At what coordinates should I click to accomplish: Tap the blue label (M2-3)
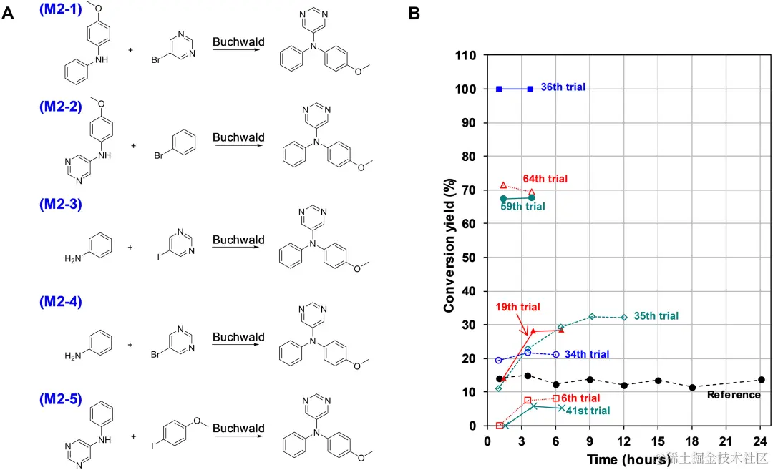[62, 204]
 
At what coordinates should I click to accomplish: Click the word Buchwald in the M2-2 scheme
[238, 137]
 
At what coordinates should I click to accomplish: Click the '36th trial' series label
[563, 87]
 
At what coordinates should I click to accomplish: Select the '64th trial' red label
[546, 178]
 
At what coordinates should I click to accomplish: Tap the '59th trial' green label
[523, 207]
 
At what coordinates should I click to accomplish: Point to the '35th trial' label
[656, 315]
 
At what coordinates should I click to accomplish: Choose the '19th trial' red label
[517, 307]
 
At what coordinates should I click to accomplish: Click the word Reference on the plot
[734, 395]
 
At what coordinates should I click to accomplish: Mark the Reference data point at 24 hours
[761, 380]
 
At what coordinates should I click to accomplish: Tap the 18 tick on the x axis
[692, 440]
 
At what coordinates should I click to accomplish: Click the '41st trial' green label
[588, 411]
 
